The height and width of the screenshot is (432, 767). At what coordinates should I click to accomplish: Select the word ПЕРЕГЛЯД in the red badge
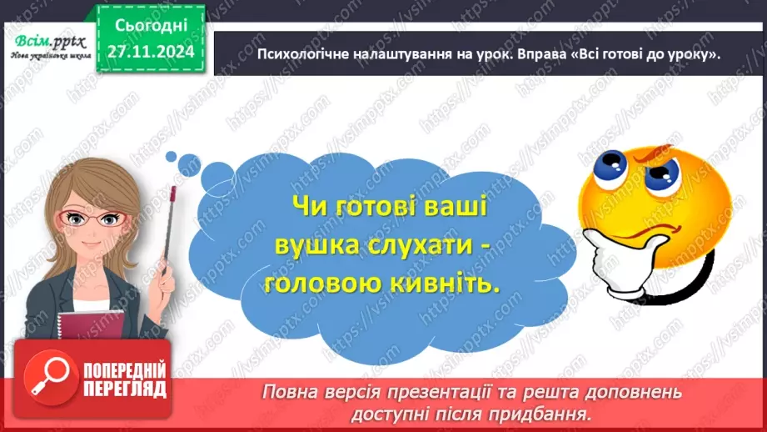(x=125, y=389)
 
